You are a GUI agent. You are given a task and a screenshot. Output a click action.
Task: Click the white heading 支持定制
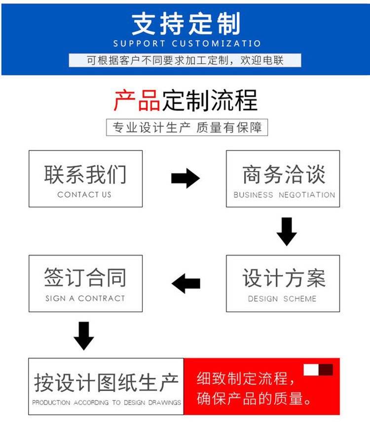pos(185,24)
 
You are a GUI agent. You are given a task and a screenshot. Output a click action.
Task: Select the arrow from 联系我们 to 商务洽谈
pos(185,178)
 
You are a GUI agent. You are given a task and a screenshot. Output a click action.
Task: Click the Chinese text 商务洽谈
pos(284,175)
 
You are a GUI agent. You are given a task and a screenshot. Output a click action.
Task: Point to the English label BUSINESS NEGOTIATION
pos(284,195)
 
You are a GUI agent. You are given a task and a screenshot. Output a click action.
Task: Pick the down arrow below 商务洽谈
pos(286,231)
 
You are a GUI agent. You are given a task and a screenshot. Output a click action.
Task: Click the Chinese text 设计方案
pos(284,278)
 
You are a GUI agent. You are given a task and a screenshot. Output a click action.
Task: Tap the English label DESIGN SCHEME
pos(282,299)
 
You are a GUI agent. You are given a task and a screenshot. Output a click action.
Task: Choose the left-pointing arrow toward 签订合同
pos(186,283)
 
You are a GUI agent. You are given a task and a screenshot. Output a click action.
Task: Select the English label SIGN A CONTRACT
pos(85,298)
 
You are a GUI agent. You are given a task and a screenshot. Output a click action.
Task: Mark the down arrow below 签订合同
pos(83,335)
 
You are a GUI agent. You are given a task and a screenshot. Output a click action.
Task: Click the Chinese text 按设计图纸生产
pos(106,382)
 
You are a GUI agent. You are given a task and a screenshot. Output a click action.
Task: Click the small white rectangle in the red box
pos(311,370)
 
